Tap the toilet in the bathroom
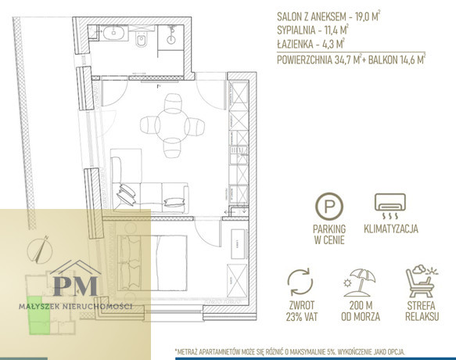(142, 41)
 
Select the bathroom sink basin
(114, 33)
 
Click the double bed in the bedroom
(152, 263)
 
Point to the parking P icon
(329, 206)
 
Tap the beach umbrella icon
(360, 283)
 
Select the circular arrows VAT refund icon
(300, 282)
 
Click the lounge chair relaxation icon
(422, 280)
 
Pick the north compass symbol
(40, 250)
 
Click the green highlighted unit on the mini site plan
(38, 315)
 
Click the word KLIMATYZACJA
(391, 229)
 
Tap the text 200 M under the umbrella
(361, 305)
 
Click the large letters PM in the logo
(76, 286)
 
